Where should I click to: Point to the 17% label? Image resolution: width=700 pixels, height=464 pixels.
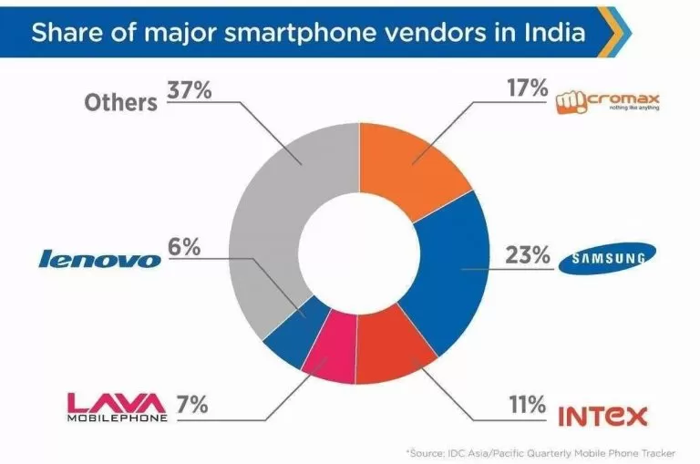coord(525,90)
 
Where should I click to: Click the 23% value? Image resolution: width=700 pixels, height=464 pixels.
coord(528,256)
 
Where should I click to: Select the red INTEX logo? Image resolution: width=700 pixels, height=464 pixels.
coord(602,417)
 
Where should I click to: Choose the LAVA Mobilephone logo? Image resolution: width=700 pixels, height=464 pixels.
coord(117,406)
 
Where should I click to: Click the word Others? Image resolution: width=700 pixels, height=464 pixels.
coord(121,102)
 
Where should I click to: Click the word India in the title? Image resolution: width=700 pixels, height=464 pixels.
coord(551,33)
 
